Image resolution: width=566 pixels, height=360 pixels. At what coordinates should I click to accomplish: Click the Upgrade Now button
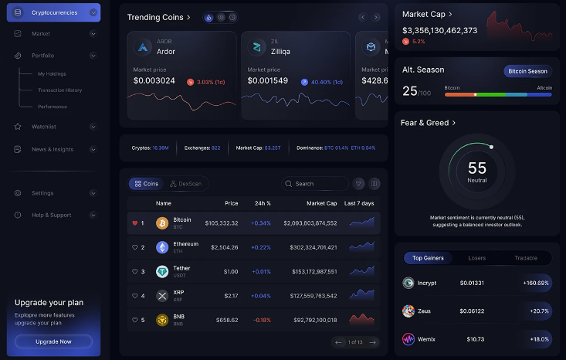tap(53, 341)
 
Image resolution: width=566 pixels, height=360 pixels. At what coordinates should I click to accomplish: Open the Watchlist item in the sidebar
tap(44, 126)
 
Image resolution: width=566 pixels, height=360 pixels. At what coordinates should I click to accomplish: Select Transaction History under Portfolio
tap(59, 90)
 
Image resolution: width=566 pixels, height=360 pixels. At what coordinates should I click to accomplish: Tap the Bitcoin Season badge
tap(527, 71)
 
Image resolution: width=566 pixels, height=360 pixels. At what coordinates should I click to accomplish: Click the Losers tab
tap(477, 258)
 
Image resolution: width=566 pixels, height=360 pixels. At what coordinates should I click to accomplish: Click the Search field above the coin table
tap(317, 184)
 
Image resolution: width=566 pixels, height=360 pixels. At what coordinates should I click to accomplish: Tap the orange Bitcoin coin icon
tap(162, 223)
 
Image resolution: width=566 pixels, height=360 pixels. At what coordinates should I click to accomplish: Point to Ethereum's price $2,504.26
tap(222, 247)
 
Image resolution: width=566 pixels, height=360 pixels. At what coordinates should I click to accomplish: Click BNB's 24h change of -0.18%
tap(262, 320)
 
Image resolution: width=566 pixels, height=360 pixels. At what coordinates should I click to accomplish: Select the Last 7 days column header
tap(359, 203)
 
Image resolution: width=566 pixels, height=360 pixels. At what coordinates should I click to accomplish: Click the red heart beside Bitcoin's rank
tap(135, 223)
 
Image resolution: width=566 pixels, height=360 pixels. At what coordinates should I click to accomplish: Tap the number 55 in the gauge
tap(477, 168)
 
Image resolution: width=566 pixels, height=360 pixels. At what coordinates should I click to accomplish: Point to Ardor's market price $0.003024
tap(154, 81)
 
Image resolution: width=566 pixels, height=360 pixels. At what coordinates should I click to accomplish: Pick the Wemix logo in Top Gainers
tap(408, 339)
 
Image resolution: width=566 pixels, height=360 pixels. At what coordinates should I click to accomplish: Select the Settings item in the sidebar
tap(42, 193)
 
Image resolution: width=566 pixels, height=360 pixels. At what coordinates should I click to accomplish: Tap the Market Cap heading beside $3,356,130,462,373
tap(424, 14)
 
